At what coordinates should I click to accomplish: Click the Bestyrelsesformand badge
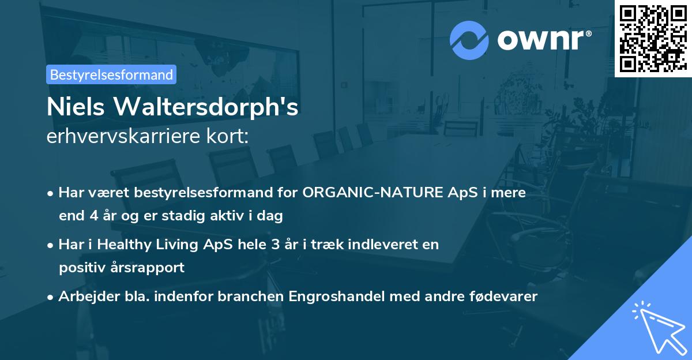coord(111,74)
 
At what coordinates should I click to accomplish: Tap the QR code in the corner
coord(653,38)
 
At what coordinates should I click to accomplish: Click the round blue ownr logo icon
coord(469,40)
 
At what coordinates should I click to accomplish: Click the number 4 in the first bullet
coord(95,216)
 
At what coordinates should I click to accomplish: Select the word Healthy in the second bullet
coord(123,244)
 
